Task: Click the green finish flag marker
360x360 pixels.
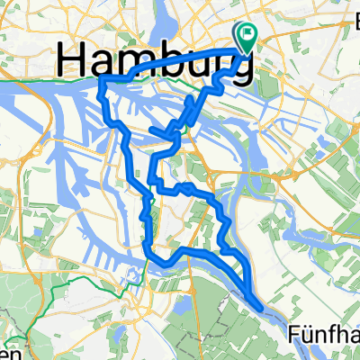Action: tap(246, 33)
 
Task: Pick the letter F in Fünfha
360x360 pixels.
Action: tap(293, 336)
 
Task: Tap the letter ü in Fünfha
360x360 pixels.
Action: tap(306, 337)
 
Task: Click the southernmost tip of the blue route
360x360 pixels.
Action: tap(260, 307)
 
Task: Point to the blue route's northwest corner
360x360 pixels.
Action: tap(100, 81)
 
